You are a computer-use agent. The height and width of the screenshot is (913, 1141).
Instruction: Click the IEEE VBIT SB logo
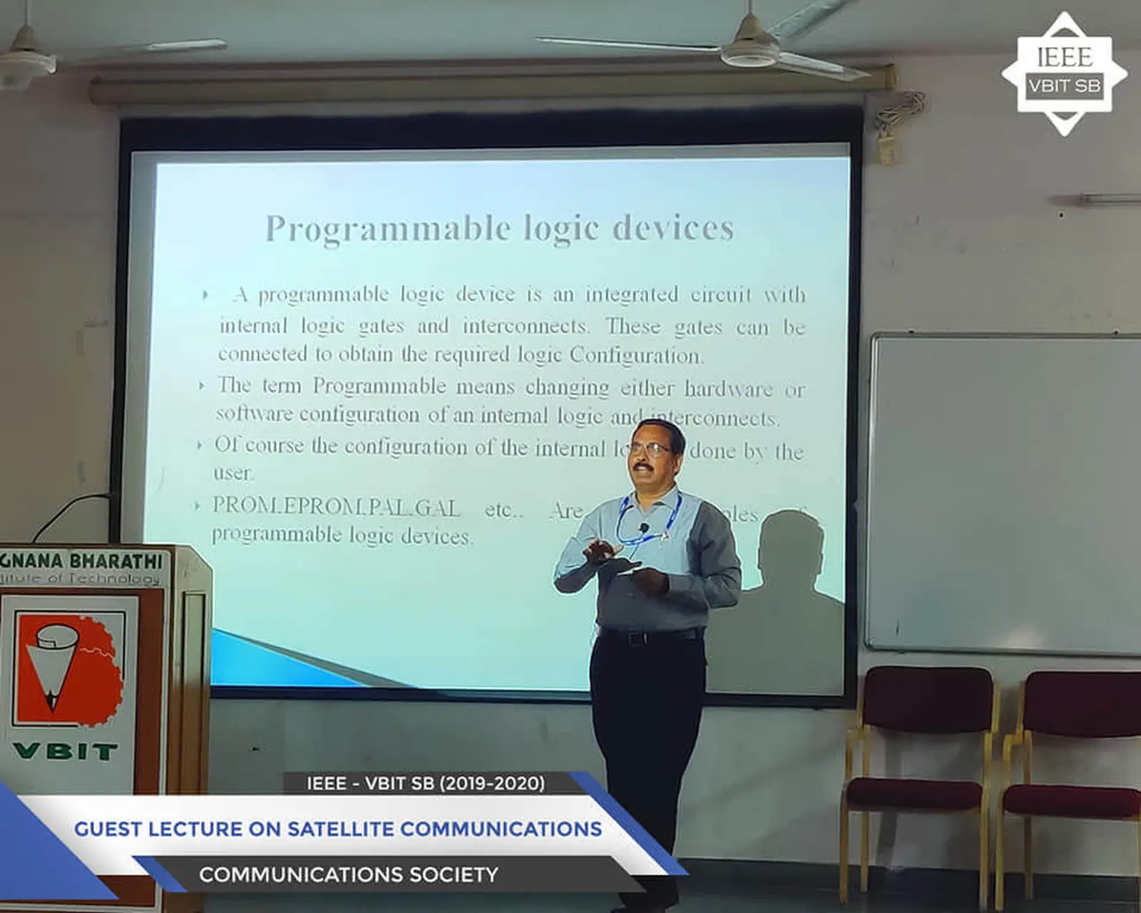coord(1064,73)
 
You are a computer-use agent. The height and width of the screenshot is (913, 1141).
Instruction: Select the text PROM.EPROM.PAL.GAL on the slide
coord(336,506)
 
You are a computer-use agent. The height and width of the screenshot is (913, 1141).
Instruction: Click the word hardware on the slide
coord(728,389)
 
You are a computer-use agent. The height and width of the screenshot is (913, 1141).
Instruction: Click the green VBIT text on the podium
coord(65,751)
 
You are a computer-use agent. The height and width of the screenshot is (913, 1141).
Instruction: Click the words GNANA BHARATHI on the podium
coord(82,561)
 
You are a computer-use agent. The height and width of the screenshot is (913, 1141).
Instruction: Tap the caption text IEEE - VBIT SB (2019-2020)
coord(426,783)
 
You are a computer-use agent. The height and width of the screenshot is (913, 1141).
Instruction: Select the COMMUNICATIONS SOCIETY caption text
coord(348,874)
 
